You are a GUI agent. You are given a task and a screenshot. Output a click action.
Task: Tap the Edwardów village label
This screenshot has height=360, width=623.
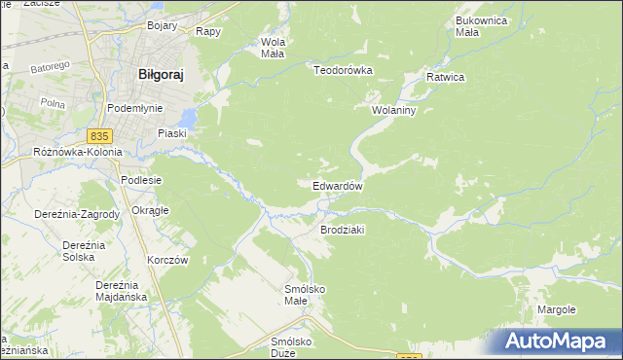[338, 186]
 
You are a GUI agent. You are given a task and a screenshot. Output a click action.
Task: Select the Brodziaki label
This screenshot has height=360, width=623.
[342, 230]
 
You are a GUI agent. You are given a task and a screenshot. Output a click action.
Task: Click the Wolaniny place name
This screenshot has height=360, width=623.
[393, 111]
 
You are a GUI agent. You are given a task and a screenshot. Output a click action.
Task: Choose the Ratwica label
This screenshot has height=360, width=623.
[446, 77]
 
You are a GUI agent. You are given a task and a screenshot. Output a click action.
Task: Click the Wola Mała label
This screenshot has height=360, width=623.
[272, 48]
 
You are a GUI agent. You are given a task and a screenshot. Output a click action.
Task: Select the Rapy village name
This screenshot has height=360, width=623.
[208, 31]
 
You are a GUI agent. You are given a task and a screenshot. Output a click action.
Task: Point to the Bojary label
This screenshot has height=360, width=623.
[162, 26]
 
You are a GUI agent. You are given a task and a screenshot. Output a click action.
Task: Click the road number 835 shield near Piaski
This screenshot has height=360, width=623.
[100, 135]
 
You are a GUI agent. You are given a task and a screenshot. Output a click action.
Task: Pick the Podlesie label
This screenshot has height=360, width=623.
[140, 180]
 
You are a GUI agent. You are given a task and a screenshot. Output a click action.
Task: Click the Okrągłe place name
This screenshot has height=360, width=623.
[150, 210]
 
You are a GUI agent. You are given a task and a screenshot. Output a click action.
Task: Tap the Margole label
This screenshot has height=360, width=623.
[556, 309]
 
